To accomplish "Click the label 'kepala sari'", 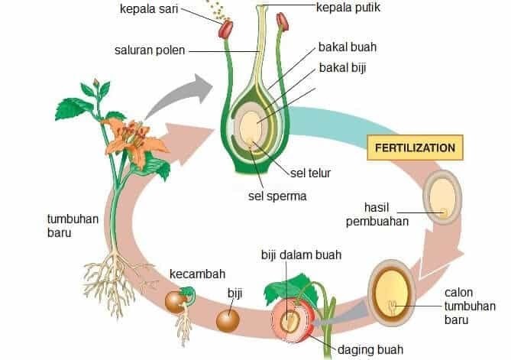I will [150, 8].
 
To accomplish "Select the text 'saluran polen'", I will [147, 51].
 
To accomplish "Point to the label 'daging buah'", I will [371, 350].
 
